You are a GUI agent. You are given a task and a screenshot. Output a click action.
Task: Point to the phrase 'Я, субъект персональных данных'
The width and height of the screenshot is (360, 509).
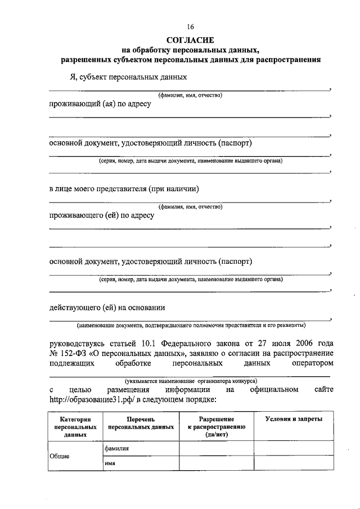(128, 76)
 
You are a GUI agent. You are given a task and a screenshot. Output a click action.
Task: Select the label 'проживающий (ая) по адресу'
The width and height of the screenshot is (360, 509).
(100, 104)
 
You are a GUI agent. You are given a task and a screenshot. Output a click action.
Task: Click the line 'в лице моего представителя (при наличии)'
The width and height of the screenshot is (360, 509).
(124, 188)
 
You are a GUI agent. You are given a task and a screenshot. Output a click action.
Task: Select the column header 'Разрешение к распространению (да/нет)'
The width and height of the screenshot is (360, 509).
(217, 427)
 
